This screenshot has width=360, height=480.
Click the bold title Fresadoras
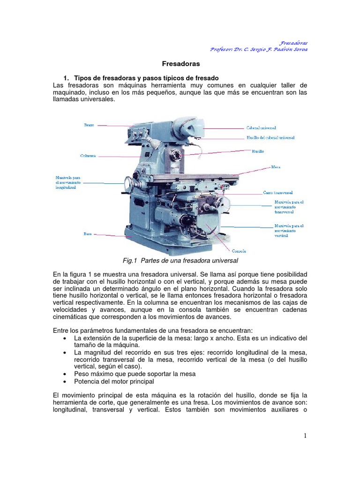(x=180, y=63)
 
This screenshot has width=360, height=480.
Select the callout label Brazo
(x=89, y=125)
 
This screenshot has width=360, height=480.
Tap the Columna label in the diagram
(x=88, y=156)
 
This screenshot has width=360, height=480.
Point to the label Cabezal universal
(x=261, y=127)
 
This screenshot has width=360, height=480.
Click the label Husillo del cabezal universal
(x=270, y=138)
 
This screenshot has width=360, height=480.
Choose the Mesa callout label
(x=276, y=167)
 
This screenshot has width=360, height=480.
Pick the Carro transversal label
(x=277, y=193)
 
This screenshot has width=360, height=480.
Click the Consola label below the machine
(x=239, y=251)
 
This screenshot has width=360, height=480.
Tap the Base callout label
(x=88, y=233)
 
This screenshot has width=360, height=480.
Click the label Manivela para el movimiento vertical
(x=289, y=231)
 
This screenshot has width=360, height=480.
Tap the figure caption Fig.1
(x=180, y=261)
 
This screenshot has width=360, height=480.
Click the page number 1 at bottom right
(x=305, y=436)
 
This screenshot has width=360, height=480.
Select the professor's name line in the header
(x=259, y=50)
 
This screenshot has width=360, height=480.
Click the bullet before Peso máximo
(x=65, y=374)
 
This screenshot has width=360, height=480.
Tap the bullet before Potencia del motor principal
(x=65, y=382)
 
